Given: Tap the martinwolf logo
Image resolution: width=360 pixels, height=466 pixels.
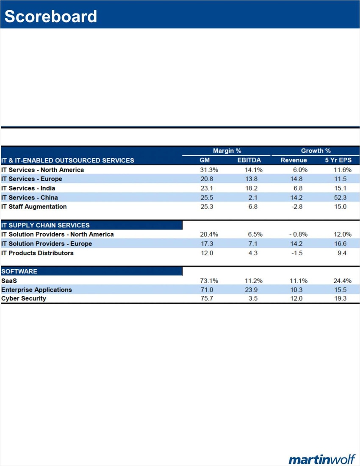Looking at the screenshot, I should [322, 459].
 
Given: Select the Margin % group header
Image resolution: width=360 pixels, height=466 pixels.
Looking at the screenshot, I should [227, 151].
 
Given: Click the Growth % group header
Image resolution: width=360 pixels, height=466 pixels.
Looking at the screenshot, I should [316, 151].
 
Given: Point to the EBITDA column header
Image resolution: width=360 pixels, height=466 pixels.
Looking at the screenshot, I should [249, 160].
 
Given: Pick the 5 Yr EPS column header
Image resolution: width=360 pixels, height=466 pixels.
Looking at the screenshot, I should [338, 160].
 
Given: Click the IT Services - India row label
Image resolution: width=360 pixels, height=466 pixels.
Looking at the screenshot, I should [28, 188].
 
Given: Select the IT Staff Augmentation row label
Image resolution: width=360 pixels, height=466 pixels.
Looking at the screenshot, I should [34, 207].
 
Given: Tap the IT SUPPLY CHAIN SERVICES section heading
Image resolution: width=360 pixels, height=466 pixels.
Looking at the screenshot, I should [45, 225].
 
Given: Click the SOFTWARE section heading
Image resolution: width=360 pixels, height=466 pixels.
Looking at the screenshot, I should [19, 271].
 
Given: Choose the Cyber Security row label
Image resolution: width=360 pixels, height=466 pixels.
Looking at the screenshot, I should [24, 298].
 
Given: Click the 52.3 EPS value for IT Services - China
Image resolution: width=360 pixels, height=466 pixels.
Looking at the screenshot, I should [340, 198].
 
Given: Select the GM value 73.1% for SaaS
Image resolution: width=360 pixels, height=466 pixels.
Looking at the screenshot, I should [209, 281].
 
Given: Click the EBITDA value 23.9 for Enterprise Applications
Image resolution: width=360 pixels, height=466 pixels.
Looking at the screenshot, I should [253, 290].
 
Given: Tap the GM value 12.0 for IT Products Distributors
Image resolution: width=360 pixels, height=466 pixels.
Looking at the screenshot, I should [207, 253].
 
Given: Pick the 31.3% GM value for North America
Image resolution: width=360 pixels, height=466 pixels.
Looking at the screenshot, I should [209, 170].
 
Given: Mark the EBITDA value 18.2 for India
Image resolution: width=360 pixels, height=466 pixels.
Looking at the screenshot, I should [253, 188].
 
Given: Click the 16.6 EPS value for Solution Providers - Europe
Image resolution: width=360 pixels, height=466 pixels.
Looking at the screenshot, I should [340, 244].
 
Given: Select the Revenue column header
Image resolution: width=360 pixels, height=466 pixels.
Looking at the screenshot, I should [294, 160].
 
